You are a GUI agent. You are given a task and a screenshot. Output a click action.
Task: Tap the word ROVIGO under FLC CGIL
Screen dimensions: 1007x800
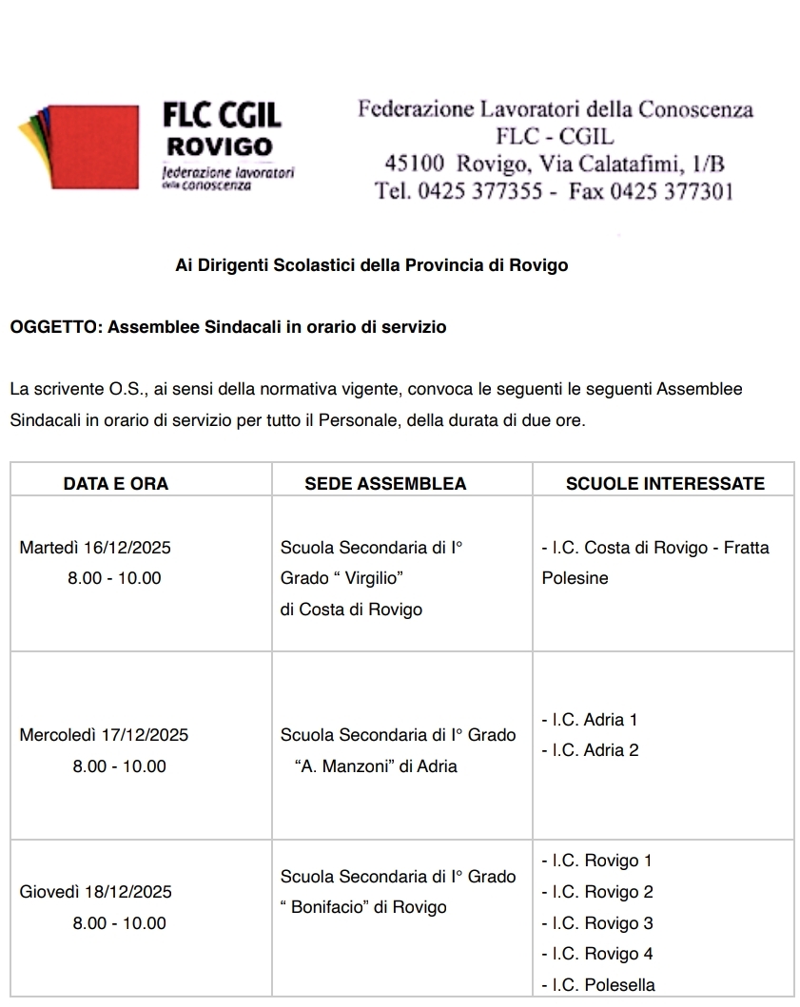(220, 147)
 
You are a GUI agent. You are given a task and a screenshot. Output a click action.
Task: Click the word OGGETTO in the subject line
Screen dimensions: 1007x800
(54, 327)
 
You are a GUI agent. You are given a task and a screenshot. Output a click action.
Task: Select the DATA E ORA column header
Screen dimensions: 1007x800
(116, 483)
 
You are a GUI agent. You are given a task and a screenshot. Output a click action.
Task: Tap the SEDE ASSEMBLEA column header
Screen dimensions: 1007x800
(385, 483)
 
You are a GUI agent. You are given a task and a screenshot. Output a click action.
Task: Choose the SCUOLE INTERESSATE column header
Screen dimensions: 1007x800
(665, 483)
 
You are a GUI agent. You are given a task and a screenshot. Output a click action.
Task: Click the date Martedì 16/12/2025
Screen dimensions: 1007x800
(95, 548)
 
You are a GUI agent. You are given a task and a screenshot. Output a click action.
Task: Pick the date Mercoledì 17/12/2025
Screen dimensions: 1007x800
(104, 735)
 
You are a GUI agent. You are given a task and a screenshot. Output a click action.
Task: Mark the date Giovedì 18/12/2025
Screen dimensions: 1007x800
(96, 892)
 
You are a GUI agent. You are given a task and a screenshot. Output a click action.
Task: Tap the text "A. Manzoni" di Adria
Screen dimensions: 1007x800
(377, 766)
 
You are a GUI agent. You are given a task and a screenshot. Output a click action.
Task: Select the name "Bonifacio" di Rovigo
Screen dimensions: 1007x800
(363, 907)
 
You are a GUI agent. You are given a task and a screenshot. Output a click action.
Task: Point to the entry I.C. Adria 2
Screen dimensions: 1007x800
(589, 750)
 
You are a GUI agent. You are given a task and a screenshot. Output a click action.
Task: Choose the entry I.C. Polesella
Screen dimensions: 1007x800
(597, 985)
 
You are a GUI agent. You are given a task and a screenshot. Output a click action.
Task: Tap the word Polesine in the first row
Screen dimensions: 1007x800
(575, 578)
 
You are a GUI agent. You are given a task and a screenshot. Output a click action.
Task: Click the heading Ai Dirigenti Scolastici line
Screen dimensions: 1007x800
(372, 265)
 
